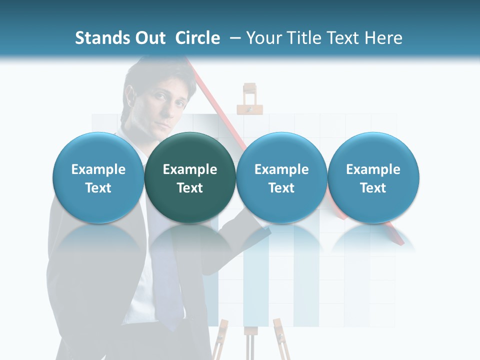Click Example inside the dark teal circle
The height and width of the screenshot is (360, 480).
pos(190,169)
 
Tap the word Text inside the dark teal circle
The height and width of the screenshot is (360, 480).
pos(190,188)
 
